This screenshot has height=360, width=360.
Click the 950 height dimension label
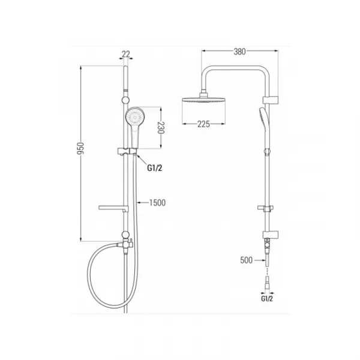pyautogui.click(x=80, y=148)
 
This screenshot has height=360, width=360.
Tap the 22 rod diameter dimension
pyautogui.click(x=126, y=54)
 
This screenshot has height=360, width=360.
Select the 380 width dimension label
pyautogui.click(x=239, y=52)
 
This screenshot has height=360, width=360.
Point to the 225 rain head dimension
pyautogui.click(x=203, y=124)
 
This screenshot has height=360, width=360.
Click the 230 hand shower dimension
pyautogui.click(x=161, y=128)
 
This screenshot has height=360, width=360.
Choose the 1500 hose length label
pyautogui.click(x=157, y=203)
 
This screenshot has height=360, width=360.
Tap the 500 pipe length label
pyautogui.click(x=247, y=260)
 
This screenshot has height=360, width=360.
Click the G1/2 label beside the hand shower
pyautogui.click(x=155, y=168)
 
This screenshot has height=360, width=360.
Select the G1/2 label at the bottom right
pyautogui.click(x=267, y=299)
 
